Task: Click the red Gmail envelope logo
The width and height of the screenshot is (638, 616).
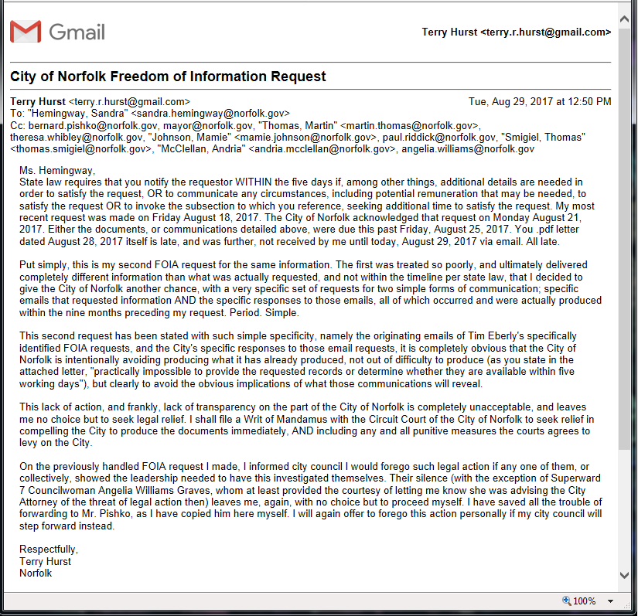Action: coord(26,32)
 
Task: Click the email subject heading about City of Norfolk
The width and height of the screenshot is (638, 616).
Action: coord(168,77)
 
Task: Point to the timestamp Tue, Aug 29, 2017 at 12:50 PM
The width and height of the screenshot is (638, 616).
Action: coord(540,101)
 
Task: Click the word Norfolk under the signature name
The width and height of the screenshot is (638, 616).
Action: coord(36,573)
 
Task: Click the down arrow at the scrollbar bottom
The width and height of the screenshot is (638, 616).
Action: coord(625,575)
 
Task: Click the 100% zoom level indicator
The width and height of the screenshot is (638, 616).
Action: coord(585,601)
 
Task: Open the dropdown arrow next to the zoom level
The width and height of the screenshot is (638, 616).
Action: coord(610,601)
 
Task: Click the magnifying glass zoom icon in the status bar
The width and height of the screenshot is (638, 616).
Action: coord(566,601)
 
